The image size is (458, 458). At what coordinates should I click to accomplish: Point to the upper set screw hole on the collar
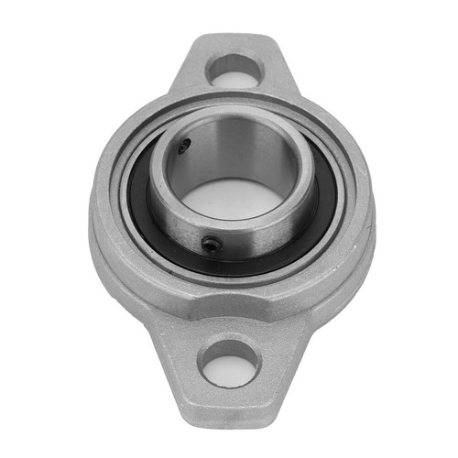tap(186, 144)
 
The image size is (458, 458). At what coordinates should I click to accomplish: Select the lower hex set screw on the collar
tap(210, 243)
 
